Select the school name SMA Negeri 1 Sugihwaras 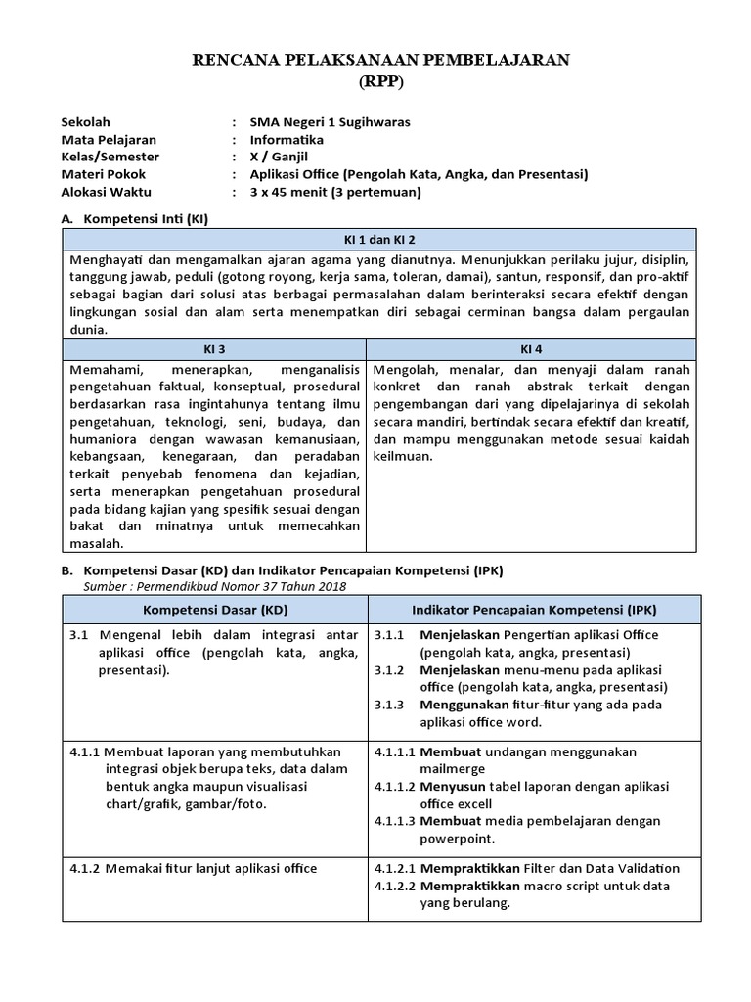coord(331,122)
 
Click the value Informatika coord(287,140)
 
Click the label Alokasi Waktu coord(106,192)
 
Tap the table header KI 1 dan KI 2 coord(379,239)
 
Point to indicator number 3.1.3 coord(389,705)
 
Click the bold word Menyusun coord(453,787)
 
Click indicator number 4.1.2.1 coord(394,868)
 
